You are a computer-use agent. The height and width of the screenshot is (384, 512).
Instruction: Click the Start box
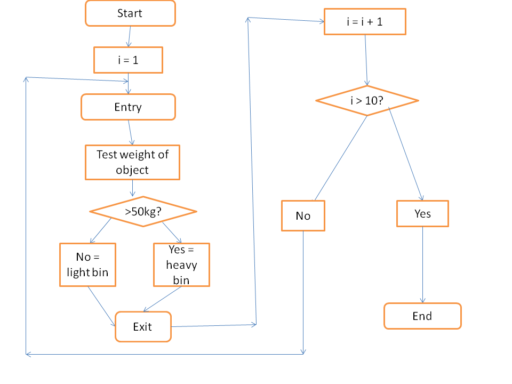130,13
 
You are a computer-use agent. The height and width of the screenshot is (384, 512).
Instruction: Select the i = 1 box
128,60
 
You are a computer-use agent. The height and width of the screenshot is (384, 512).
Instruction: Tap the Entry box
128,107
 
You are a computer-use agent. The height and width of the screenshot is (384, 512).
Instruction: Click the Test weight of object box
132,162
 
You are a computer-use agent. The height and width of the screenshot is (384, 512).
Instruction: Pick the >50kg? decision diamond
143,212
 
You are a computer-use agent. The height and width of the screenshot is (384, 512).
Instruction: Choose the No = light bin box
87,265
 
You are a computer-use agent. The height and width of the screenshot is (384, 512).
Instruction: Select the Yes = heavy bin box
181,265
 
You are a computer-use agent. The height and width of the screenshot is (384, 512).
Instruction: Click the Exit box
143,326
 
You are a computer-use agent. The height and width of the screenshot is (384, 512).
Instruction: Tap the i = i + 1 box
365,22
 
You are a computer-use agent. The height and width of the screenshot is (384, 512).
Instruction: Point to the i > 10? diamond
367,100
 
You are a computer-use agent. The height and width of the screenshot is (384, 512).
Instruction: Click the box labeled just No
303,215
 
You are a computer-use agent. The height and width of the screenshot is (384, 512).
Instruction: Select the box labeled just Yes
422,214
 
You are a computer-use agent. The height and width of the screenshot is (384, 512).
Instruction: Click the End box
422,316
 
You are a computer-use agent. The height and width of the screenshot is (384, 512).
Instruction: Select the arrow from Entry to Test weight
130,132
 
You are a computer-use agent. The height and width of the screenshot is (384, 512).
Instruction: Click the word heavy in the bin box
181,265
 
